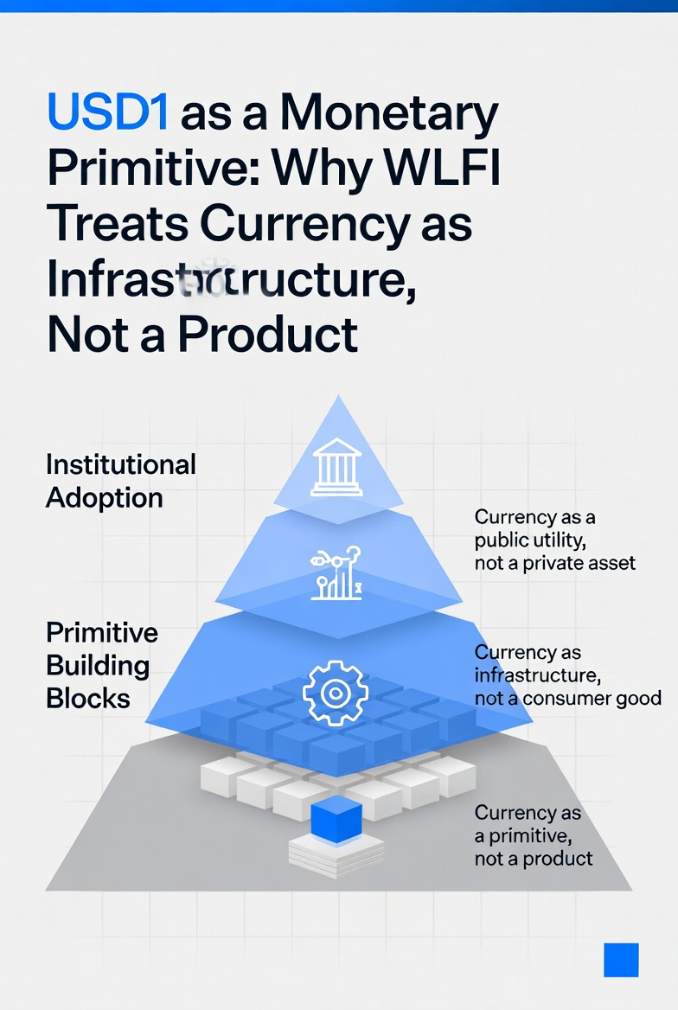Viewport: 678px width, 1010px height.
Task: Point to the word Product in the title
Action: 268,333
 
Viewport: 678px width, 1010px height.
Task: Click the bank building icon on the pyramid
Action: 337,466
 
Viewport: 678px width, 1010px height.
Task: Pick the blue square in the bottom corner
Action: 621,960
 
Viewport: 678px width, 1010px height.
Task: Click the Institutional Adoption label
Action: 120,481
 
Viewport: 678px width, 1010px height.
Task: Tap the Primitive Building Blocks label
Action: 101,665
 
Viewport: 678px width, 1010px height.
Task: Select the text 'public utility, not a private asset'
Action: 554,552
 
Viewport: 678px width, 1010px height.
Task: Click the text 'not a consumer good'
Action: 567,698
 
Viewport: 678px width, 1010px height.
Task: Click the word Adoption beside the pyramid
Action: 104,498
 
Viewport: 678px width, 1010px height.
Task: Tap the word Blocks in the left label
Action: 88,698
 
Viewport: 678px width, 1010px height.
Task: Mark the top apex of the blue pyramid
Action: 339,398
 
